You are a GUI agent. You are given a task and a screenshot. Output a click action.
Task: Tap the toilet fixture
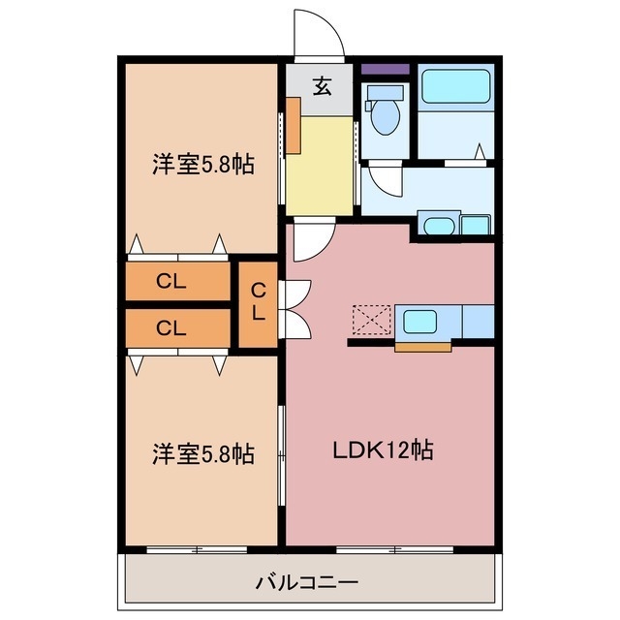pos(385,112)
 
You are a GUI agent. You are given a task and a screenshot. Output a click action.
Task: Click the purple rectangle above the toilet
pos(385,70)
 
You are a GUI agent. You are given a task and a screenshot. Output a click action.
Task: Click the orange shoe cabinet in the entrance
pos(292,126)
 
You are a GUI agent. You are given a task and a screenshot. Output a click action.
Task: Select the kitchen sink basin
pos(421,320)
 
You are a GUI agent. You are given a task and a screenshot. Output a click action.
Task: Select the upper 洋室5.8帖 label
pos(201,165)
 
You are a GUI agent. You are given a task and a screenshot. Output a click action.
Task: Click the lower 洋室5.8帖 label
pos(201,452)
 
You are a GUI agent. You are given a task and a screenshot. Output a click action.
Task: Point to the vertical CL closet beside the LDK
pos(258,305)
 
